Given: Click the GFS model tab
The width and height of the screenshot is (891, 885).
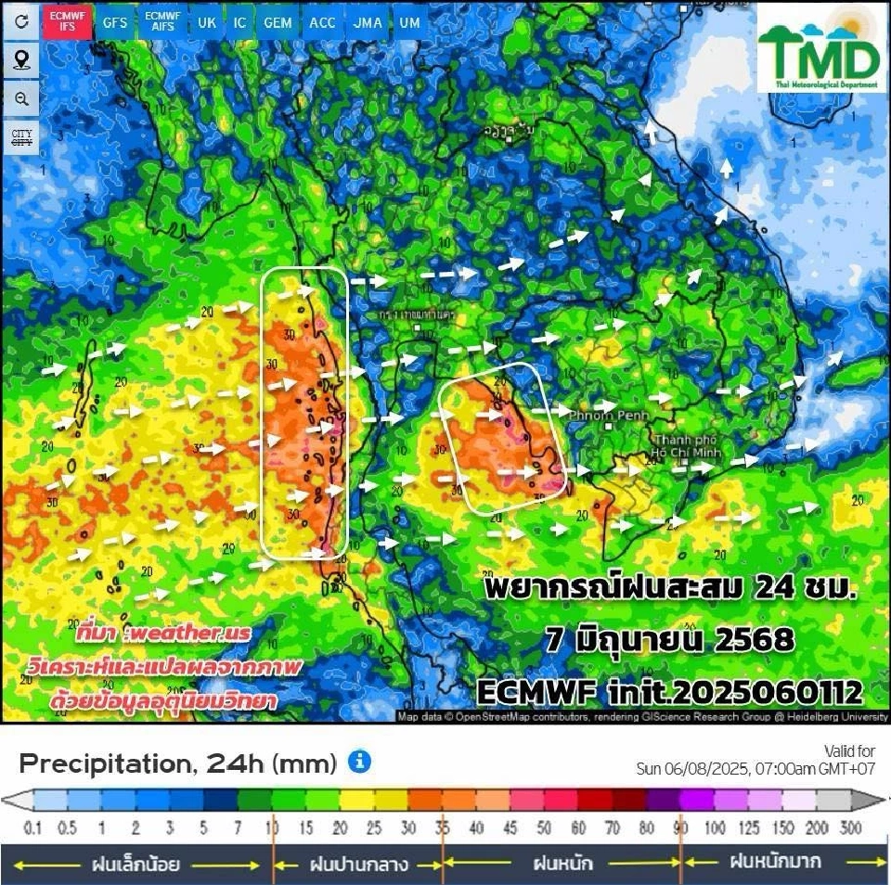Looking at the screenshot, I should (115, 23).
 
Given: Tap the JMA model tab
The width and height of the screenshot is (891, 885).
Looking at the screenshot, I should (368, 23).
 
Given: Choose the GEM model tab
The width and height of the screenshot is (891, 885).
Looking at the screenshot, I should (277, 23).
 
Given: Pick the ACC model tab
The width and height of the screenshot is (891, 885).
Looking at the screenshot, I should (322, 23).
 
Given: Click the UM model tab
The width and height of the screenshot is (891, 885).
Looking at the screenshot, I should (408, 23).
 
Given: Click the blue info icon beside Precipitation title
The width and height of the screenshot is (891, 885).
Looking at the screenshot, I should (359, 763).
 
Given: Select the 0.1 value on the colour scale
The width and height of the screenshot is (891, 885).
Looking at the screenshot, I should (33, 827).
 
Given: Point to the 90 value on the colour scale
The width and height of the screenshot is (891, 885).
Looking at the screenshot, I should (681, 827).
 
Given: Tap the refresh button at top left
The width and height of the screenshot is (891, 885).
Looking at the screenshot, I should (20, 23).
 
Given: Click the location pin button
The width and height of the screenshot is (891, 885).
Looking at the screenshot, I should (20, 61).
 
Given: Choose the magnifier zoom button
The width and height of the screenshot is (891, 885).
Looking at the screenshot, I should (20, 99).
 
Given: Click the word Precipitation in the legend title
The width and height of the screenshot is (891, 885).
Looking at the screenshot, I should (103, 763).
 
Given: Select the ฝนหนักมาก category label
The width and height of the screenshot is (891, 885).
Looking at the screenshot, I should (774, 862).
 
